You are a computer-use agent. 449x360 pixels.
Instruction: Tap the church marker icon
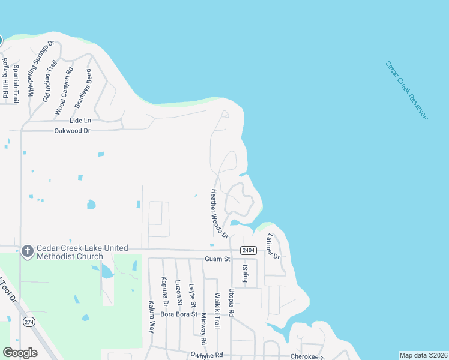[x=27, y=251]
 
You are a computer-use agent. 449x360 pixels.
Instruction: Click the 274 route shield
[x=28, y=322]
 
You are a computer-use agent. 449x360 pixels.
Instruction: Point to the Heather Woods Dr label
[x=219, y=214]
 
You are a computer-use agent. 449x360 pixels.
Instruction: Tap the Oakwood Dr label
[x=72, y=130]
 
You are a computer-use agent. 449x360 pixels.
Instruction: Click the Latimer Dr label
[x=273, y=245]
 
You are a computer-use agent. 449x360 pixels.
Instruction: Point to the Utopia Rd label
[x=231, y=302]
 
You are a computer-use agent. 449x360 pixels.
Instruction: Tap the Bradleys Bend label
[x=83, y=89]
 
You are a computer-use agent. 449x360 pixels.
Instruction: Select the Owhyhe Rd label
[x=206, y=355]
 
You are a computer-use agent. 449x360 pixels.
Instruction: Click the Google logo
[x=20, y=353]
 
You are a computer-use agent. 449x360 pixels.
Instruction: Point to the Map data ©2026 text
[x=423, y=355]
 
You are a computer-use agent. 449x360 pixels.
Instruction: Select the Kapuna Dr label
[x=164, y=289]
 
